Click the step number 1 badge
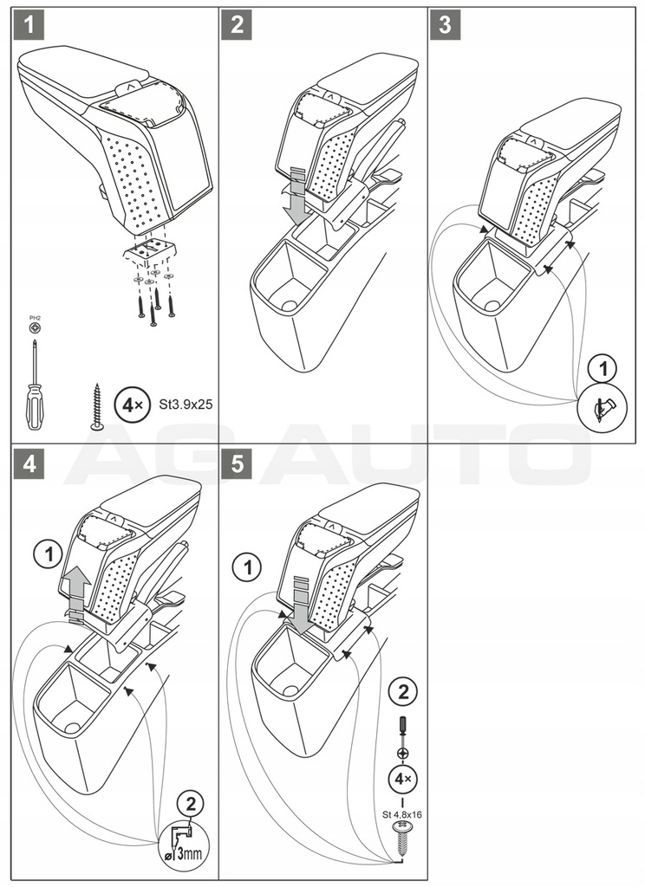pyautogui.click(x=29, y=25)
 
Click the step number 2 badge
pyautogui.click(x=237, y=25)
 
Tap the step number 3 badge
pyautogui.click(x=445, y=25)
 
